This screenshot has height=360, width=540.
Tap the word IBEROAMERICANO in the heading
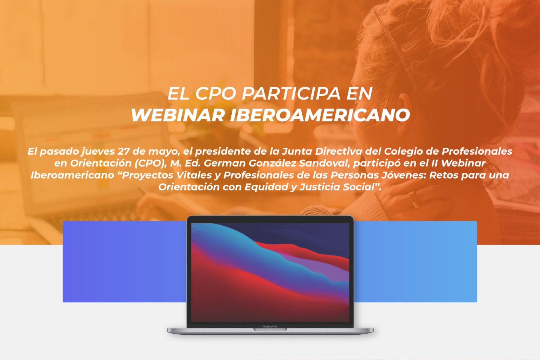tap(320, 115)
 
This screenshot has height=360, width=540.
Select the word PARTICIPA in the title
tap(291, 93)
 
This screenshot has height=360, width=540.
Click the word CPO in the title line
tap(216, 93)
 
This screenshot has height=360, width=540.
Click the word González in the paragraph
tap(272, 163)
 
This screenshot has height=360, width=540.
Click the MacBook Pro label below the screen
tap(270, 327)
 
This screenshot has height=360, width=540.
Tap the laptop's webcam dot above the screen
tap(270, 220)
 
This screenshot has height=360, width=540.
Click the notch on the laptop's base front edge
tap(270, 329)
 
